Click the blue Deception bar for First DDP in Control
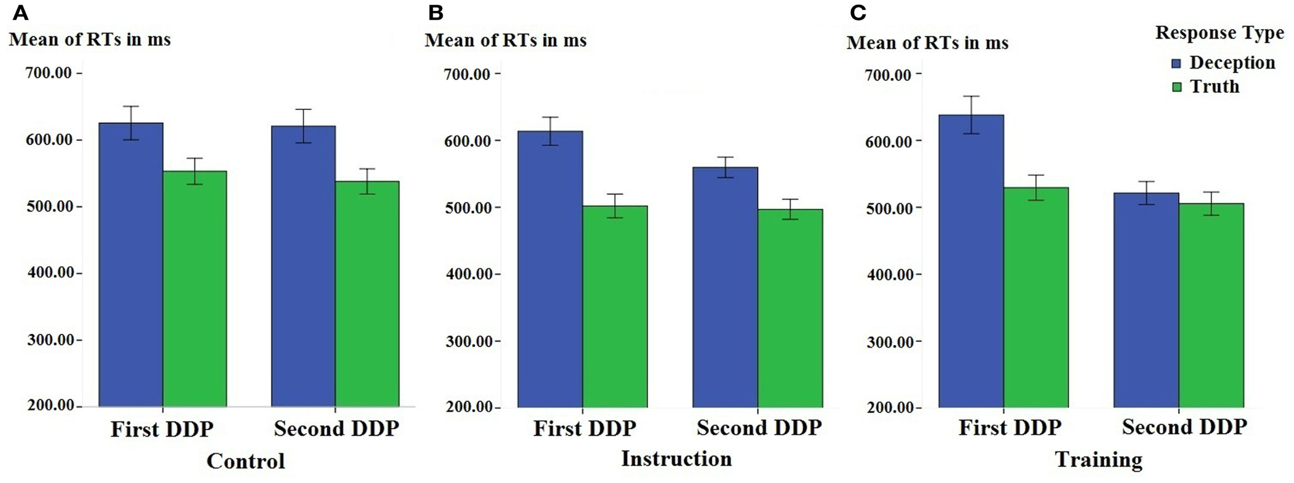coord(131,264)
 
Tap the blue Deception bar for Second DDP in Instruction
coord(725,287)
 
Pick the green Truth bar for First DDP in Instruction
coord(615,306)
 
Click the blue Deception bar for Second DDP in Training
coord(1146,300)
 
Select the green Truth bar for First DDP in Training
coord(1036,297)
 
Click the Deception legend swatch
coord(1177,64)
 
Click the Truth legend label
coord(1214,86)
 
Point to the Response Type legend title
coord(1219,33)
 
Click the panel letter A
coord(20,13)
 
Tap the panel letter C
coord(858,13)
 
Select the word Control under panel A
coord(246,461)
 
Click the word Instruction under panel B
coord(676,459)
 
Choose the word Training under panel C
coord(1098,459)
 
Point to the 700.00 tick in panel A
coord(48,73)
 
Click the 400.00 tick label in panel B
coord(468,274)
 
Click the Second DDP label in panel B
coord(759,428)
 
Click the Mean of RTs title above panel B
coord(506,40)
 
